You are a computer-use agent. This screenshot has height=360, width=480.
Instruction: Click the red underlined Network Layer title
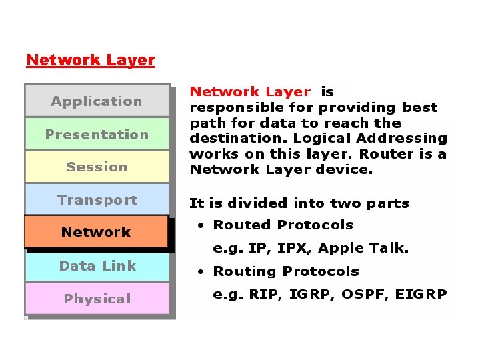[91, 60]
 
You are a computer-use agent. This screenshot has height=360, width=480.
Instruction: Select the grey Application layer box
[97, 101]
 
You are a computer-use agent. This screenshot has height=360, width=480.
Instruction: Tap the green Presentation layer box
[97, 134]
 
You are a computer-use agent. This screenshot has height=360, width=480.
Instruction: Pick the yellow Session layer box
[97, 167]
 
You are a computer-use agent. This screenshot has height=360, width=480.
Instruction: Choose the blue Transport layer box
[97, 200]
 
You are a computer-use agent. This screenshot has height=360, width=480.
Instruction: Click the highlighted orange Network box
[96, 232]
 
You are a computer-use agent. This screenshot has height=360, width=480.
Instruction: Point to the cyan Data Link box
[97, 266]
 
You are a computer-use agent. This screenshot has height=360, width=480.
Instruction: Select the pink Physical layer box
[97, 299]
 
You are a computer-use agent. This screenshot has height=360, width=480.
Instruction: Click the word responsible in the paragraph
[228, 107]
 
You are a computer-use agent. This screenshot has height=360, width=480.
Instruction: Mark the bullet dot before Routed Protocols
[200, 225]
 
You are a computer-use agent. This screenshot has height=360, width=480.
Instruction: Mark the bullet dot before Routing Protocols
[200, 271]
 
